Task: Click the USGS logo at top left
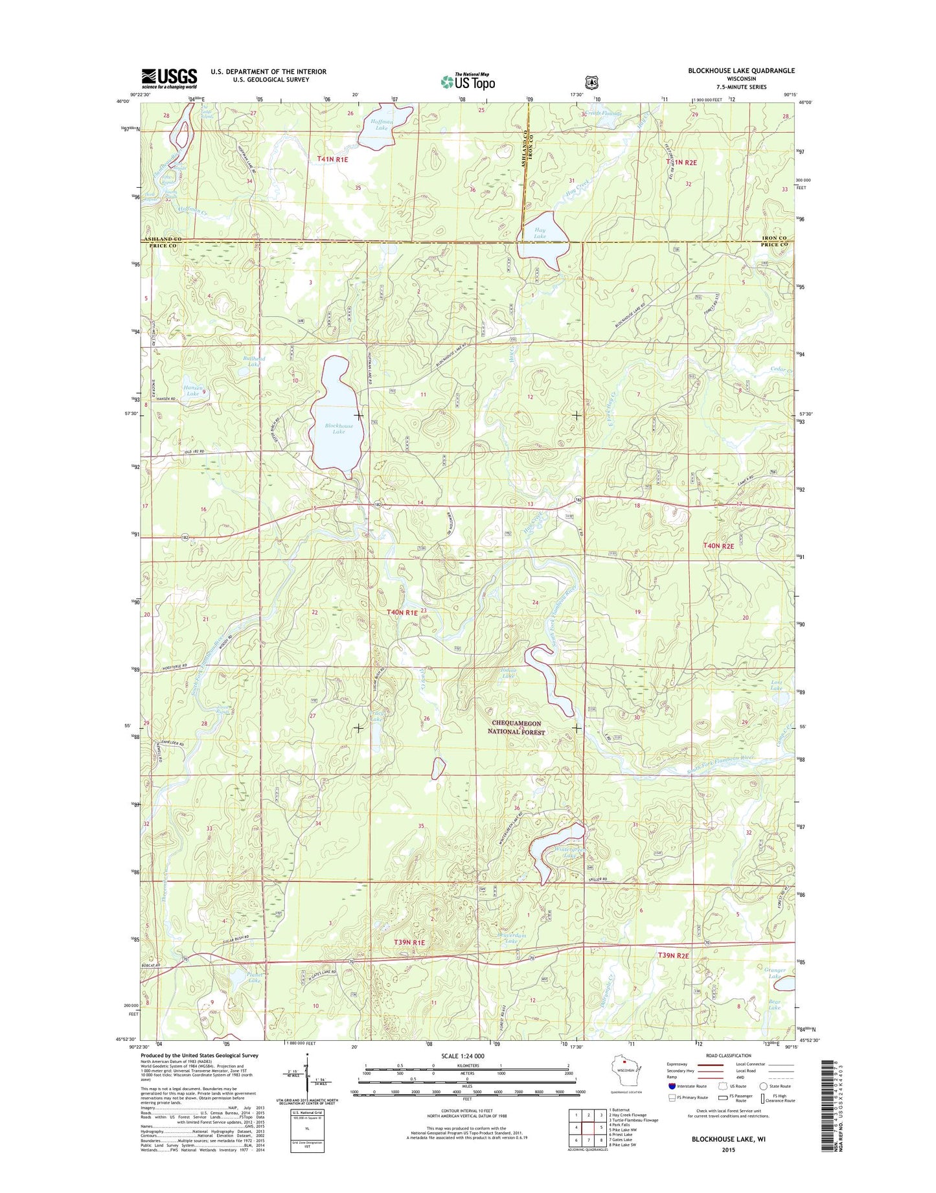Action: tap(169, 78)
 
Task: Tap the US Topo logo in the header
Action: tap(468, 82)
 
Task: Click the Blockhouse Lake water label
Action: tap(339, 429)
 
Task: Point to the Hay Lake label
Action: tap(540, 233)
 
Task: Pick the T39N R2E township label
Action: tap(673, 955)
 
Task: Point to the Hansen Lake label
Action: tap(192, 390)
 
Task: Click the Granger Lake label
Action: tap(775, 973)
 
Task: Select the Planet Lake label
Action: tap(238, 977)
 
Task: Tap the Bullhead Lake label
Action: tap(254, 361)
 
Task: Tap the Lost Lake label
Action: tap(776, 685)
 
